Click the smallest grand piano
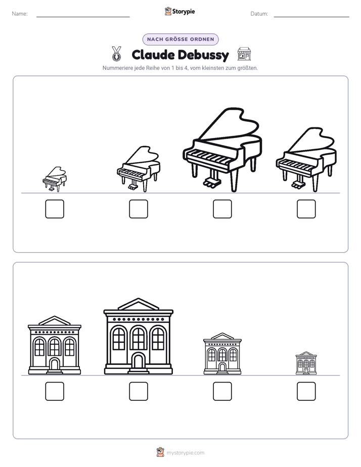point(55,179)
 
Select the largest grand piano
point(222,150)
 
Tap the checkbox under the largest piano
point(222,209)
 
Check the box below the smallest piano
point(55,209)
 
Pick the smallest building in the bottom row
point(306,363)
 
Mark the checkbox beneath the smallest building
point(306,391)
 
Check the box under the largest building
point(139,391)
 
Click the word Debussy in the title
point(204,55)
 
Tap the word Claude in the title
point(153,55)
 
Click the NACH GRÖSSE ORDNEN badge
point(180,39)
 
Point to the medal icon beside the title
point(117,53)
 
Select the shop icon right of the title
point(244,54)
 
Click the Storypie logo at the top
point(179,11)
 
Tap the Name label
point(20,14)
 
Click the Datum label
point(259,14)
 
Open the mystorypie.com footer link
point(185,453)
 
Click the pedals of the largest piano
point(212,182)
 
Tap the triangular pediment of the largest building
point(138,304)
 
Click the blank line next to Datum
point(311,17)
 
